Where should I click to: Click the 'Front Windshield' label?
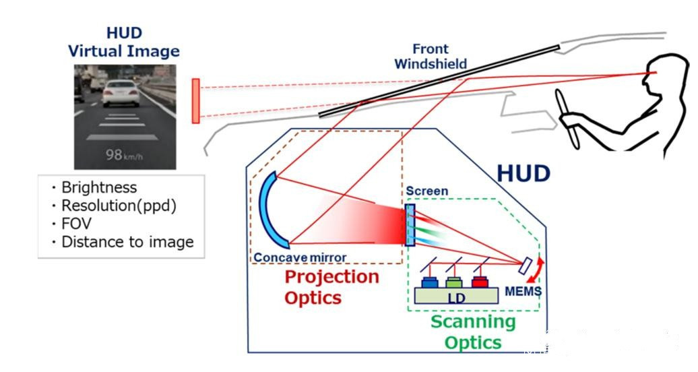(430, 57)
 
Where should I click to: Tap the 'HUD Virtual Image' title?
(124, 42)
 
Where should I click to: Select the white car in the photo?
(120, 93)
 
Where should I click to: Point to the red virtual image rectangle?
(195, 101)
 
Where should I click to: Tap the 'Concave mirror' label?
(300, 257)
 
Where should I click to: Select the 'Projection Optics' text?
(331, 287)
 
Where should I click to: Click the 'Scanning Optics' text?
(473, 332)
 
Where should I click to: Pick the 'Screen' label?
(426, 191)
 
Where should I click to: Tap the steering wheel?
(569, 118)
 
